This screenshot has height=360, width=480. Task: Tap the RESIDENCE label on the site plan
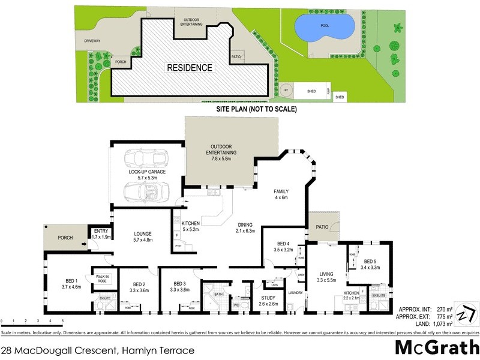coord(190,68)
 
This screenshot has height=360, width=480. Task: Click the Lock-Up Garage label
coord(147,175)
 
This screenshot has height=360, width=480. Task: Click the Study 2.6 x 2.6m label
coord(268,301)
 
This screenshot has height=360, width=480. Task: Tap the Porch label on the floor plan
coord(65,238)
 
